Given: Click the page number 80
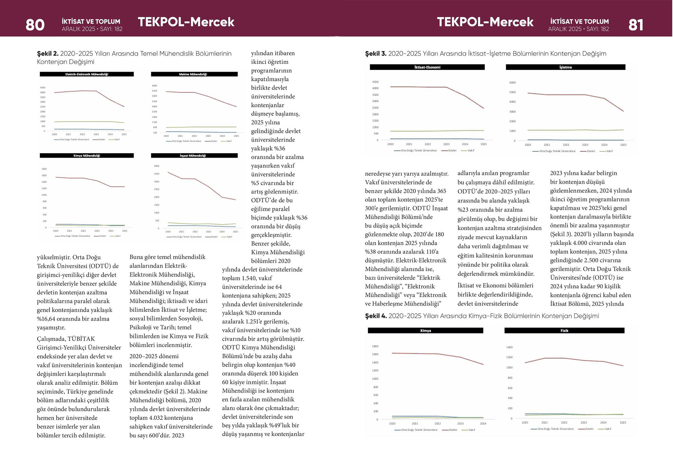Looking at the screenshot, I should pos(35,25).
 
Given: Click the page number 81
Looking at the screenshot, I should pos(636,25).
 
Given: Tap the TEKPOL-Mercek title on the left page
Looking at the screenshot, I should pos(186,22).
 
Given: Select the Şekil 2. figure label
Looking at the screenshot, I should pos(47,53).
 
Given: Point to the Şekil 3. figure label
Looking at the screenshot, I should pos(376,53).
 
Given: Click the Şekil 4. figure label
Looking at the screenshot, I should pos(376,316).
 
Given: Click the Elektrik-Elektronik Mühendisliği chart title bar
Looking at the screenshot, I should pos(86,74).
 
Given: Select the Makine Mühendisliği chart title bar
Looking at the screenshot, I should pos(194,74).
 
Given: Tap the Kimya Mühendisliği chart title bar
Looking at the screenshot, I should pos(86,155).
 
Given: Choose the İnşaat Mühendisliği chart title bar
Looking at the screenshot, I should pos(194,155).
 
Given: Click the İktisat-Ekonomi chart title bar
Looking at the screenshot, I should pos(427,67).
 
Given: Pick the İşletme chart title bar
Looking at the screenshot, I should pos(565,67).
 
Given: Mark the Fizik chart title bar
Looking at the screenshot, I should pos(564,331).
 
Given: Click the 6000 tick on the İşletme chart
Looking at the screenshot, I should pos(512,82).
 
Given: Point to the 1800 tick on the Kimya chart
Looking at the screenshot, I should pos(375,346).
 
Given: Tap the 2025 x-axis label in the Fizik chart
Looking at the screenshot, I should pos(623,423).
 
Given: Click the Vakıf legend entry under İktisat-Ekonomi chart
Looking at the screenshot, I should pos(470,150).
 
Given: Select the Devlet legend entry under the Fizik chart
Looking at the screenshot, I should pos(589,429).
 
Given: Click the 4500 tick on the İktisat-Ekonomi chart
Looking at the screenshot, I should pos(375,82).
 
